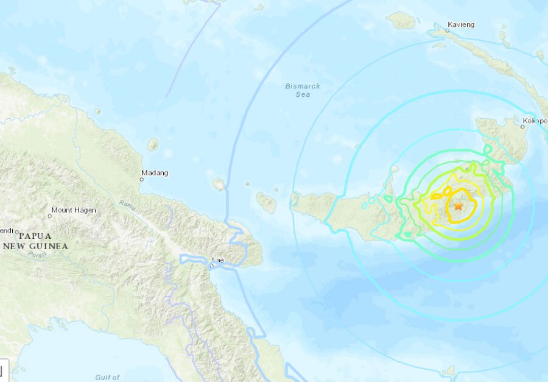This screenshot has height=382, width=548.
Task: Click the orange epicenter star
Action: click(458, 207)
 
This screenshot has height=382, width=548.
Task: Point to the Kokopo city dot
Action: click(523, 127)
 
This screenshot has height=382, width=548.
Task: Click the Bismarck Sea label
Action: click(303, 90)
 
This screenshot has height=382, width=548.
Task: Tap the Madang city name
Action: click(154, 172)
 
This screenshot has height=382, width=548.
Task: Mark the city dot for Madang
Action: click(142, 179)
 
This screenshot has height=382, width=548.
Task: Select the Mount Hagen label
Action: click(73, 210)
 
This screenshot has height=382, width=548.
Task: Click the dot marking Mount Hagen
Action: click(50, 216)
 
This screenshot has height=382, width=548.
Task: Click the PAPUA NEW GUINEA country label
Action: click(35, 241)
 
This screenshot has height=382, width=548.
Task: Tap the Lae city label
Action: click(217, 260)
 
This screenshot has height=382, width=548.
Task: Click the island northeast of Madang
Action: click(153, 144)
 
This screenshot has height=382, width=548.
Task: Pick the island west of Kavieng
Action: click(402, 21)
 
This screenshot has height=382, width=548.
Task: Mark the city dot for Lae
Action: click(211, 266)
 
